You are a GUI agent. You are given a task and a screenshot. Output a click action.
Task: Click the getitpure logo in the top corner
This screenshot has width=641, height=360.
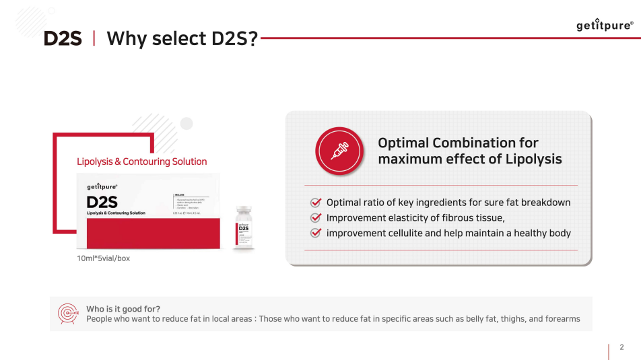pyautogui.click(x=604, y=26)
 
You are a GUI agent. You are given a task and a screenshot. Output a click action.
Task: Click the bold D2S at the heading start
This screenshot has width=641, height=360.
pyautogui.click(x=63, y=38)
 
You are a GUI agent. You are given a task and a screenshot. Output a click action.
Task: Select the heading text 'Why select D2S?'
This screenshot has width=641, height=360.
pyautogui.click(x=182, y=38)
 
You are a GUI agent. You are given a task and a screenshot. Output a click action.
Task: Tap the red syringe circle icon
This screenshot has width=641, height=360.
pyautogui.click(x=339, y=151)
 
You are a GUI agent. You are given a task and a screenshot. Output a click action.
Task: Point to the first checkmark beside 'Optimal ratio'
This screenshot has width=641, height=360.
pyautogui.click(x=315, y=203)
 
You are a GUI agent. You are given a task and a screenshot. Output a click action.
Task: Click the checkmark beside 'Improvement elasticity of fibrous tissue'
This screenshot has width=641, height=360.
pyautogui.click(x=315, y=218)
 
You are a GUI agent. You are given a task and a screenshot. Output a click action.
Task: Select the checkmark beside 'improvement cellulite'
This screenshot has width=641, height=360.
pyautogui.click(x=315, y=233)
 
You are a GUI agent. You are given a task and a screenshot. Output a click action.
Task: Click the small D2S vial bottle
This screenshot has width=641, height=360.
pyautogui.click(x=244, y=228)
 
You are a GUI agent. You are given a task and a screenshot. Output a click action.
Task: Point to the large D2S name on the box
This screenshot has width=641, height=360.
pyautogui.click(x=102, y=202)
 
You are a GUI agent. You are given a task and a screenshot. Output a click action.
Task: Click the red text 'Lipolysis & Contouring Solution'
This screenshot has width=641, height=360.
pyautogui.click(x=141, y=161)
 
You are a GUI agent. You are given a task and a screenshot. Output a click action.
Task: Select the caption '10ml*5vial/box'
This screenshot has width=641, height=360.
pyautogui.click(x=103, y=258)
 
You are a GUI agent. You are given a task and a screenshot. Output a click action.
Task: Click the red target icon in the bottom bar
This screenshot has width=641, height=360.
pyautogui.click(x=67, y=314)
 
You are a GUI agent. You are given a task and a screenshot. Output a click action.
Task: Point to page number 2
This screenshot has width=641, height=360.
pyautogui.click(x=621, y=347)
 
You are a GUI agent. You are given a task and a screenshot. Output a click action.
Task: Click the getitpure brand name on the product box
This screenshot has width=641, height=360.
pyautogui.click(x=102, y=187)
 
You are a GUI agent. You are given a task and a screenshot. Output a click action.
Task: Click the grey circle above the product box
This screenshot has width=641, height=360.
pyautogui.click(x=187, y=123)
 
